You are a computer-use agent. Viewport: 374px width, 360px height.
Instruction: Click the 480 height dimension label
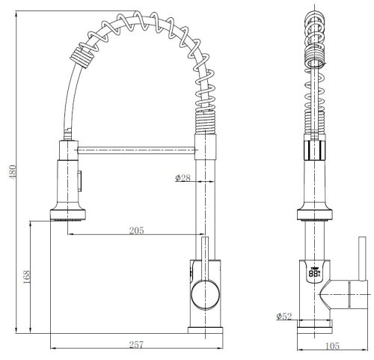point(13,172)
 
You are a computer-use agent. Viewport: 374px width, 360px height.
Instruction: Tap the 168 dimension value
point(26,277)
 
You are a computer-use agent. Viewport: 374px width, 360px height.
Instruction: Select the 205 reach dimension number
point(137,231)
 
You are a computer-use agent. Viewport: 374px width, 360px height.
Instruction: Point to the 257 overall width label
point(137,345)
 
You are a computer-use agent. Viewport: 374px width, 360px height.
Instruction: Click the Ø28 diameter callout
point(183,177)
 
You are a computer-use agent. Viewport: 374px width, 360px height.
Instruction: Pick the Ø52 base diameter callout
point(284,317)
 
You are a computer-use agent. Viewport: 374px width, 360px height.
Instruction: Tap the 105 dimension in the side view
point(333,346)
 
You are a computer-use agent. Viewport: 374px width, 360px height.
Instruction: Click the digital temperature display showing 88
point(315,273)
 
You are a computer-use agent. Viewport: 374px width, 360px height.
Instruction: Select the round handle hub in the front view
point(205,295)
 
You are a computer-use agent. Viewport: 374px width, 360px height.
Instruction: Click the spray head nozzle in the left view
point(68,215)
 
